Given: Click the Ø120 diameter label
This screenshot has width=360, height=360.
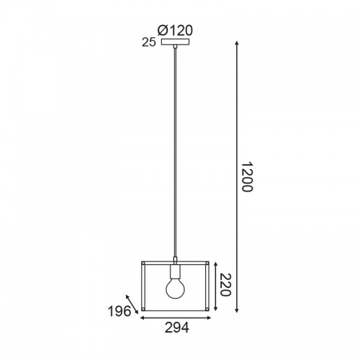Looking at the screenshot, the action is click(x=175, y=31).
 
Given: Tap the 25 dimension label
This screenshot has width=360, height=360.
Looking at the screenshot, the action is click(x=149, y=42).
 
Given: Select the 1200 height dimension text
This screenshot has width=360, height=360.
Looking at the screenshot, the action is click(x=247, y=177).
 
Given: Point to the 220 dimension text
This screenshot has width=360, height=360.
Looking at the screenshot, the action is click(x=225, y=285).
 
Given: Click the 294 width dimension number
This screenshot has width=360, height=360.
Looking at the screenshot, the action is click(x=177, y=328).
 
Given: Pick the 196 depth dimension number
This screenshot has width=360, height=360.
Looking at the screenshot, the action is click(x=120, y=312).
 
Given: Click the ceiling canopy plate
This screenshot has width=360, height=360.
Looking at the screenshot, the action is click(x=175, y=42).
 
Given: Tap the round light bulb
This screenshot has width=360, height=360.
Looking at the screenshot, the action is click(x=176, y=288).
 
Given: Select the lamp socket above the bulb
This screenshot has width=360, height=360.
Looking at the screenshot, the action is click(x=176, y=271).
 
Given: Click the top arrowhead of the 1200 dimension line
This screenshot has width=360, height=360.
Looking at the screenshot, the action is click(x=237, y=43).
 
